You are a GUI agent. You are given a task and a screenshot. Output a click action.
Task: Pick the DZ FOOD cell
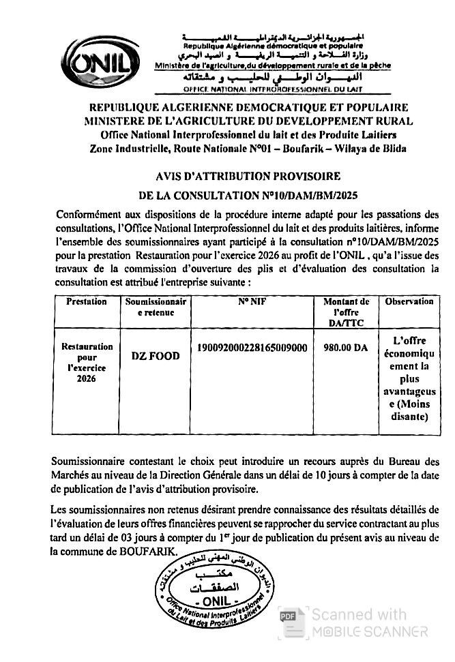156,357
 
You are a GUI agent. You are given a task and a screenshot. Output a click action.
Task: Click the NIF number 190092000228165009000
252,348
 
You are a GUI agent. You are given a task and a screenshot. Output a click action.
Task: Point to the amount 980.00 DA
346,348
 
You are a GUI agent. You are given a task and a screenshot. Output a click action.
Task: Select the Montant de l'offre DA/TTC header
346,311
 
